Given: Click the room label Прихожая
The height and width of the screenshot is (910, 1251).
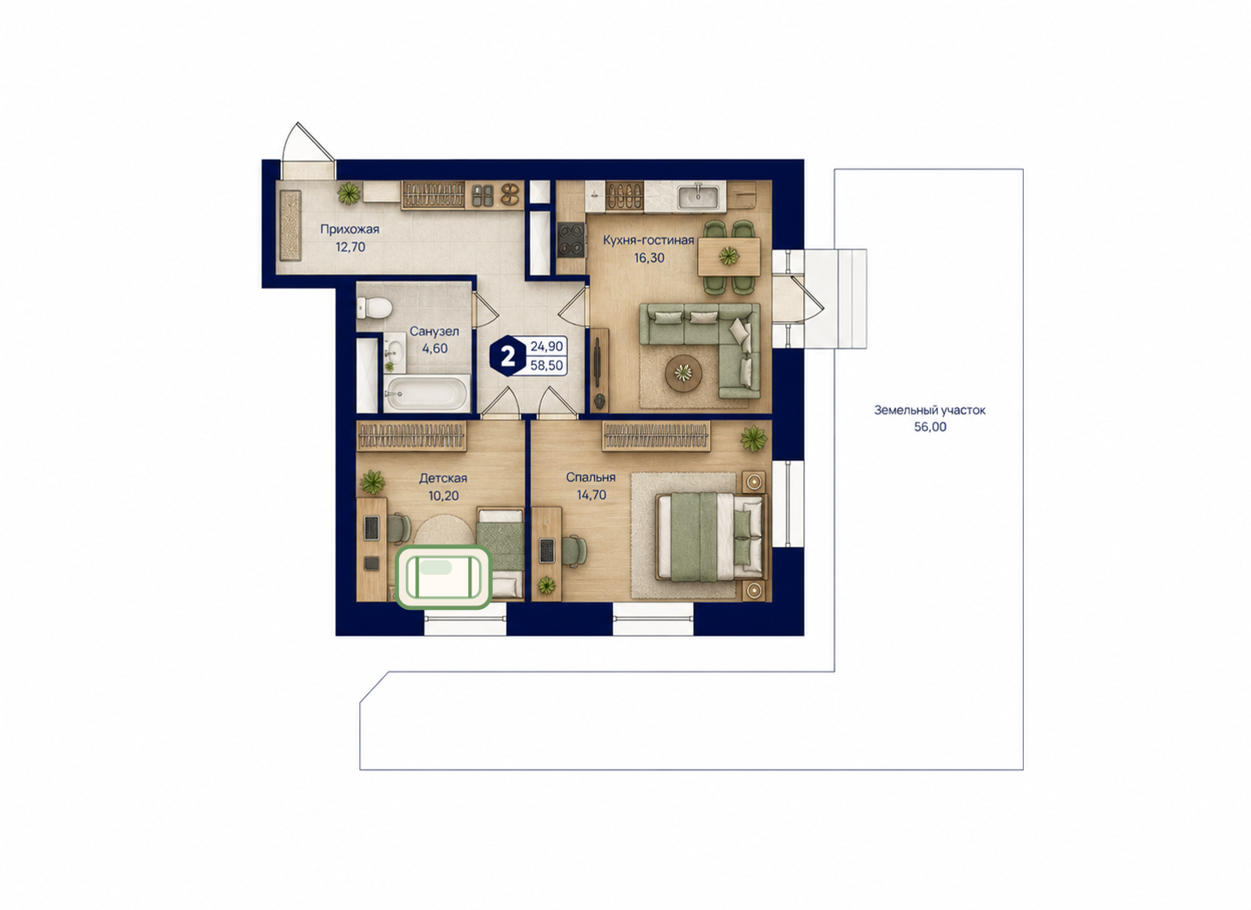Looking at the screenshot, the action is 350,229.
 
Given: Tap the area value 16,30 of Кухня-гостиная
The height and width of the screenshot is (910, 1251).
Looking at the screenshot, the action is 649,258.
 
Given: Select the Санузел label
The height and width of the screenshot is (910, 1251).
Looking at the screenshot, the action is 435,331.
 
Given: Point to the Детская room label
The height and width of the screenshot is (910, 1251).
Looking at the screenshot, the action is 443,478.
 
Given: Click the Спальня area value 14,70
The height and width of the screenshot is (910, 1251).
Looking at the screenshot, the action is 591,495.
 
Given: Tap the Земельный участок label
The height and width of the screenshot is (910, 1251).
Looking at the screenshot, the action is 930,410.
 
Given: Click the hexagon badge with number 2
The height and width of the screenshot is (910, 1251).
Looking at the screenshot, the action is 508,356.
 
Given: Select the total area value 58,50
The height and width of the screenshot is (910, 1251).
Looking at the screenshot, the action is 546,366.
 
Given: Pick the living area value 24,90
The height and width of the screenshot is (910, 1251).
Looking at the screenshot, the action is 546,346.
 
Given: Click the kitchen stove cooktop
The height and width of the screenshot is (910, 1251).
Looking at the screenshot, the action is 571,239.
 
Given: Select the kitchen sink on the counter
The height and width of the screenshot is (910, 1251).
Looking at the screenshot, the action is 698,196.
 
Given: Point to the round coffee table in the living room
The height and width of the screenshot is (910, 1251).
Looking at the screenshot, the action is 683,373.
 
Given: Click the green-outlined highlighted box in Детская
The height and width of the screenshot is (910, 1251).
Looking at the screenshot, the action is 444,577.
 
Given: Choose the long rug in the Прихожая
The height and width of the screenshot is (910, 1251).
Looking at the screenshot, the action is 290,225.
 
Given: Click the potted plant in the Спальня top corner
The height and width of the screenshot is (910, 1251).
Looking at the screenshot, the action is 754,438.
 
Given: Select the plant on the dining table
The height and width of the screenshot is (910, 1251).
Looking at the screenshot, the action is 728,256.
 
